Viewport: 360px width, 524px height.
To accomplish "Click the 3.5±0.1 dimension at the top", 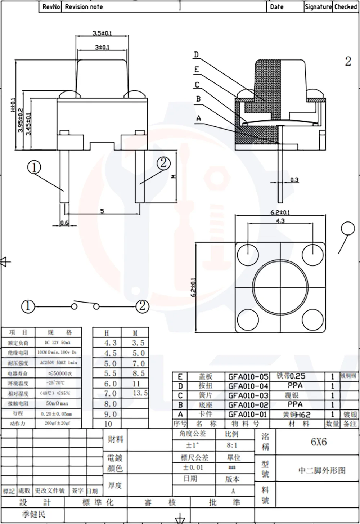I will click(102, 33).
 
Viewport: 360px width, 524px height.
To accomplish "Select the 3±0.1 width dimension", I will click(102, 47).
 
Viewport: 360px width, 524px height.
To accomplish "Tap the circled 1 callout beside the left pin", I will click(34, 167).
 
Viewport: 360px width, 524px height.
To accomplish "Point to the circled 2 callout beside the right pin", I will click(163, 164).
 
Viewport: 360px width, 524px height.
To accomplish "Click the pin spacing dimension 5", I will click(102, 211).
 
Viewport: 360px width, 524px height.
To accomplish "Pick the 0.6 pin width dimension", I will click(64, 223).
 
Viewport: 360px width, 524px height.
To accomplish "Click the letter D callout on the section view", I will click(196, 55).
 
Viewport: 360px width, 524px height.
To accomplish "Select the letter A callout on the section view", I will click(199, 118).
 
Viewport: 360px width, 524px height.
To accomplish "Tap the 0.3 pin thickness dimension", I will click(294, 180).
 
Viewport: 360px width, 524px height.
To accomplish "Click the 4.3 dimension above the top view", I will click(280, 221).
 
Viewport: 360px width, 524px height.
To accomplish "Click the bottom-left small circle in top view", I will click(248, 319).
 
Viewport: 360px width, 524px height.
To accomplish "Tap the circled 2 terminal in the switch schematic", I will click(142, 306).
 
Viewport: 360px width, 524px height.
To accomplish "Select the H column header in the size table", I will click(107, 333).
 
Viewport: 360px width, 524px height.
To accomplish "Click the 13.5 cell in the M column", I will click(140, 393).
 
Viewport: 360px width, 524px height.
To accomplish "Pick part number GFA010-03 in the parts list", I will click(248, 395).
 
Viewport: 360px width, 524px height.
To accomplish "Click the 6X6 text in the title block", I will click(319, 442).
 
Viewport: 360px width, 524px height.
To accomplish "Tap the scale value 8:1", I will click(232, 445).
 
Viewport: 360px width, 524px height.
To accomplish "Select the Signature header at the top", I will click(318, 7).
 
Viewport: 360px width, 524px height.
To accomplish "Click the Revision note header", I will click(84, 7).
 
